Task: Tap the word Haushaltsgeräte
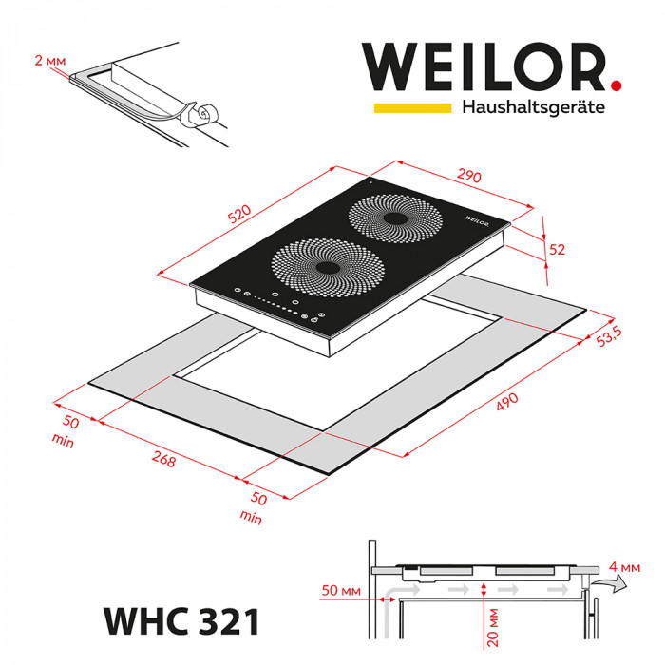click(533, 109)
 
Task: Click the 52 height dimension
click(558, 250)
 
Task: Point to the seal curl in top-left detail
click(201, 114)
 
